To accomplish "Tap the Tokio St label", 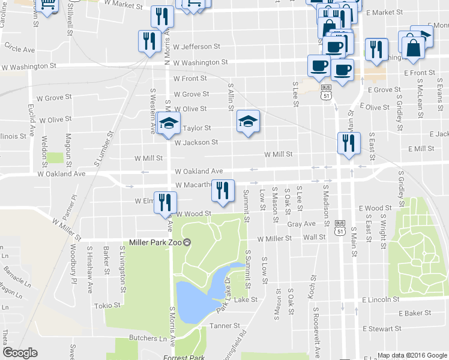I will pyautogui.click(x=108, y=305).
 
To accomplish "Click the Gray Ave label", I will pyautogui.click(x=301, y=224).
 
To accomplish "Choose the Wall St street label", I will pyautogui.click(x=314, y=238).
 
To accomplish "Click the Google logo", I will pyautogui.click(x=20, y=353).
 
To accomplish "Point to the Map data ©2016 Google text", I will pyautogui.click(x=411, y=355).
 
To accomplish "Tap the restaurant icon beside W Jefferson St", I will pyautogui.click(x=147, y=41).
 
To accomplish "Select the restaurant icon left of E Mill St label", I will pyautogui.click(x=348, y=143).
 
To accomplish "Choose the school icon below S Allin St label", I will pyautogui.click(x=248, y=121).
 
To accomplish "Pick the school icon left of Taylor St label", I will pyautogui.click(x=169, y=123).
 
